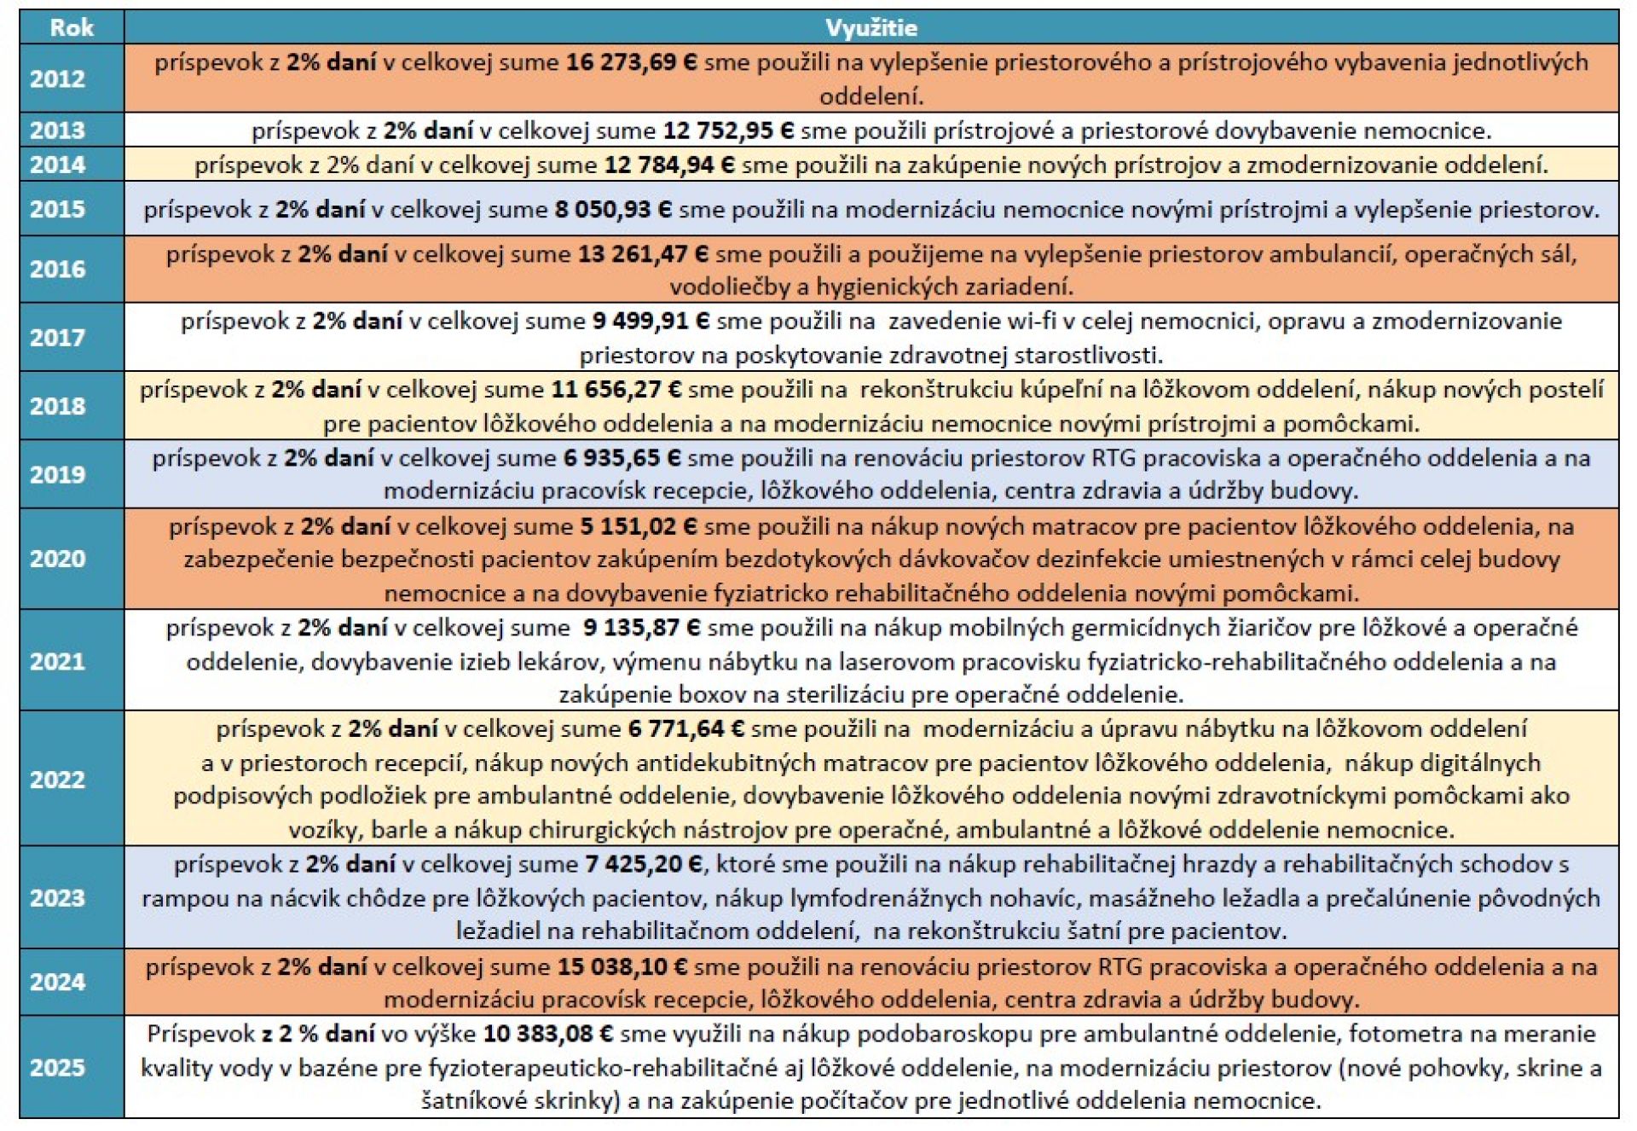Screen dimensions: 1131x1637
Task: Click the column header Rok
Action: click(72, 27)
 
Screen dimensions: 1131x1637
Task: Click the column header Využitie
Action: click(871, 27)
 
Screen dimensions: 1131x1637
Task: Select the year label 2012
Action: click(57, 78)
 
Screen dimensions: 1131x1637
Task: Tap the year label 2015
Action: click(57, 209)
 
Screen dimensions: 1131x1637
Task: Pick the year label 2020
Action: click(57, 559)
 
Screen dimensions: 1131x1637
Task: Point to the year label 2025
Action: click(57, 1067)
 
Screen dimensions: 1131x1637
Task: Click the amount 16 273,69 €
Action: click(632, 62)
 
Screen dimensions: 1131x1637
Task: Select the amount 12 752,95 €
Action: click(729, 130)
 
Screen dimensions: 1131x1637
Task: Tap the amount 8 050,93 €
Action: click(613, 209)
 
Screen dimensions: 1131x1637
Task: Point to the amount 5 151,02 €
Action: click(639, 526)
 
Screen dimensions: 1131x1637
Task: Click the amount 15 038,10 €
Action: click(622, 966)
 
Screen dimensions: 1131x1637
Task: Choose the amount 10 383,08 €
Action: click(548, 1034)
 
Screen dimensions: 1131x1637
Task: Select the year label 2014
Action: click(57, 164)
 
